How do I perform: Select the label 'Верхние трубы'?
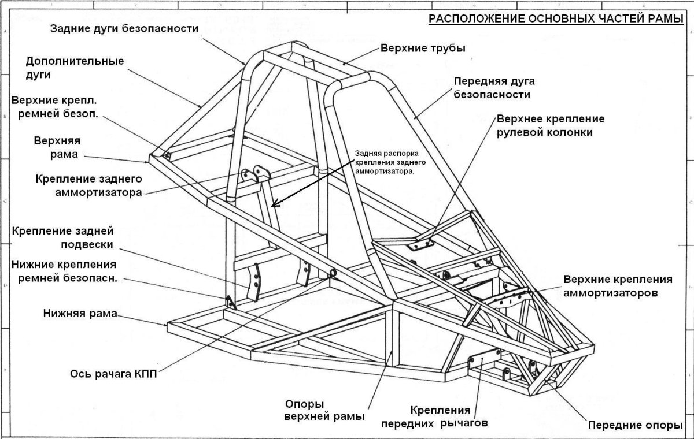point(423,48)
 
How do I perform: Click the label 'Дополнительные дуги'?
point(75,68)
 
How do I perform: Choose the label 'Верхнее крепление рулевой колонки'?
point(551,125)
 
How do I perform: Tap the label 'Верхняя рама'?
point(57,148)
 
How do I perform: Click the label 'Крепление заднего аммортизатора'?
point(88,185)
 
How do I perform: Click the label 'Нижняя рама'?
point(80,314)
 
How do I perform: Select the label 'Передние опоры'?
point(632,426)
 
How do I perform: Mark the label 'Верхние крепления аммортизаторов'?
point(618,286)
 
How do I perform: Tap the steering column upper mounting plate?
point(420,245)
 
